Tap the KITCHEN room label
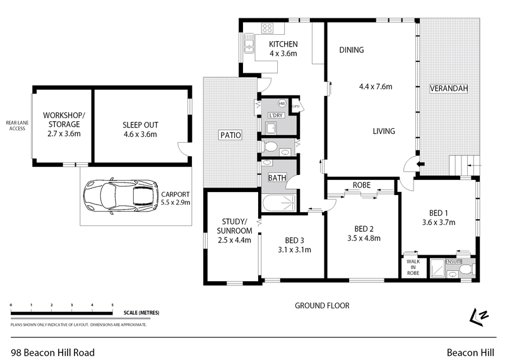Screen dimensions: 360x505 (x=283, y=44)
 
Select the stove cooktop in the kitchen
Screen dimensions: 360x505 (x=267, y=28)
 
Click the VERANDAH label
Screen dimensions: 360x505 (x=449, y=88)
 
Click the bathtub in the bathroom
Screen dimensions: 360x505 (x=278, y=203)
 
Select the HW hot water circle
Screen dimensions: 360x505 (x=282, y=104)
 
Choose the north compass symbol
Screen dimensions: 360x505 (x=479, y=316)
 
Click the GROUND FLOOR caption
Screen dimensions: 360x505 (x=322, y=306)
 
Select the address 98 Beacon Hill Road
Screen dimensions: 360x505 (x=53, y=352)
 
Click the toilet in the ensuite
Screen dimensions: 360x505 (x=465, y=270)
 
